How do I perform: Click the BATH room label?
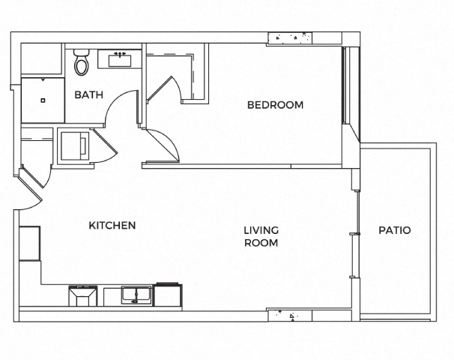point(88,94)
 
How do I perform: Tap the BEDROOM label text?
point(276,105)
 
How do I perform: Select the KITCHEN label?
point(112,225)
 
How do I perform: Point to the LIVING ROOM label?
point(261,236)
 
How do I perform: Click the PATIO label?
point(395,230)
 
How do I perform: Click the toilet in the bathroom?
point(82,62)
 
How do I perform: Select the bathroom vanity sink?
point(120,60)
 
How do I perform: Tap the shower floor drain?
point(43,100)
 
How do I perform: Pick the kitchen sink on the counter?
point(136,295)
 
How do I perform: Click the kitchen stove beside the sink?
point(168,295)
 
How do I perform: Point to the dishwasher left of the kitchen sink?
point(83,295)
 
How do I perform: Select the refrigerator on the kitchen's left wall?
point(29,244)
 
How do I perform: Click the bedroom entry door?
point(162,145)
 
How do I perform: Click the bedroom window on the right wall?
point(344,85)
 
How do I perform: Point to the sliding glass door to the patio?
point(357,234)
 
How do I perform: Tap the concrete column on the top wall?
point(290,37)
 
